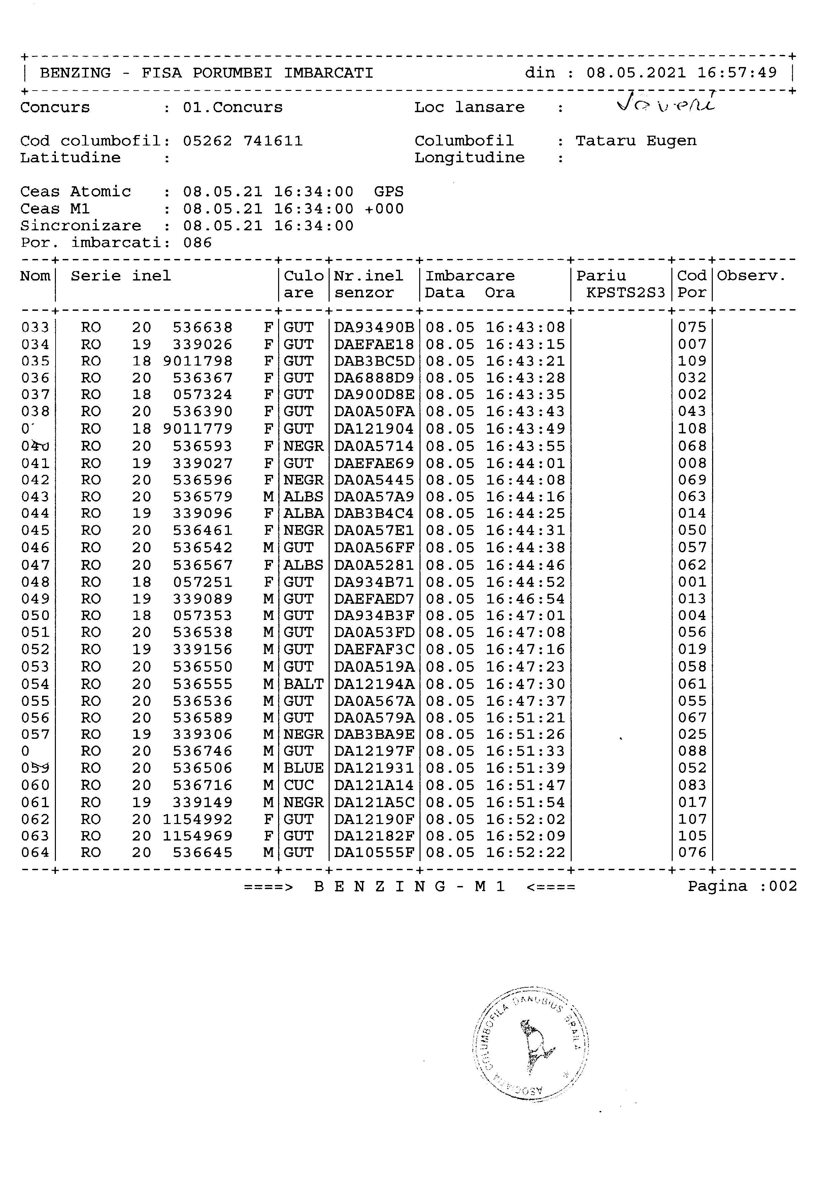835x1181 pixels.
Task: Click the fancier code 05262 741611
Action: [x=243, y=141]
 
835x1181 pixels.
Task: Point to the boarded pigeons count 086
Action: [x=197, y=243]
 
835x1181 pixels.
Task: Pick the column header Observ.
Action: [x=751, y=276]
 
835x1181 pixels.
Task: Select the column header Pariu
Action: [x=601, y=276]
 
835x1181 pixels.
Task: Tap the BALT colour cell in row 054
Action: [x=303, y=684]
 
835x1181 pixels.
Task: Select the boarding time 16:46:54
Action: [x=525, y=599]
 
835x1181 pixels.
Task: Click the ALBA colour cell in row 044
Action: [x=303, y=513]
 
